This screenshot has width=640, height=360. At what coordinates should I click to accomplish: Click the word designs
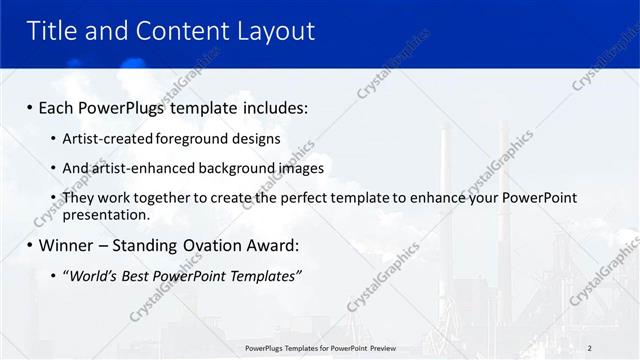[255, 139]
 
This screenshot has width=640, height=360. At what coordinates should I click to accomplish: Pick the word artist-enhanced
[143, 168]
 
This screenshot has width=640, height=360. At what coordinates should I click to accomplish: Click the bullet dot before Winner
[30, 246]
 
